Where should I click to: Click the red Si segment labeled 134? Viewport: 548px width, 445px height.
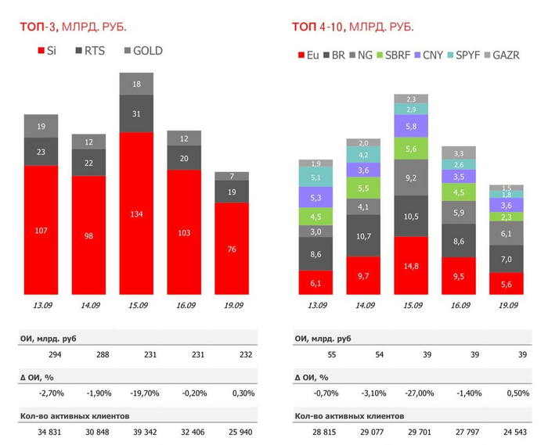point(135,213)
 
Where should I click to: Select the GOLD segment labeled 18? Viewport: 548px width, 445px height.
point(135,84)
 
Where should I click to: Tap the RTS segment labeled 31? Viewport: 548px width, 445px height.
point(135,114)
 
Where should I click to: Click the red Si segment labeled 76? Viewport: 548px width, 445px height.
point(232,249)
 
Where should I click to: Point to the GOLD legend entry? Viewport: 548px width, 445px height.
point(146,51)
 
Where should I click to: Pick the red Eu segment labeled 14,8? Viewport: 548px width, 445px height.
point(411,265)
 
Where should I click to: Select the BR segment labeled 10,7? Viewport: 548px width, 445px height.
point(362,235)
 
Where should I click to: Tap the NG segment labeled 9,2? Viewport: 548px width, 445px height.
point(411,178)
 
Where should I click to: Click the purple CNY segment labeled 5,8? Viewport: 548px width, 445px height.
point(411,126)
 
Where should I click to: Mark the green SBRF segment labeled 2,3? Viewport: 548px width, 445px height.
point(507,217)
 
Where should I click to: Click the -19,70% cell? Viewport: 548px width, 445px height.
point(135,393)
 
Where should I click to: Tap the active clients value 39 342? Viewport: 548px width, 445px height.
point(135,432)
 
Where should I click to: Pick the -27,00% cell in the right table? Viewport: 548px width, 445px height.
point(411,393)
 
